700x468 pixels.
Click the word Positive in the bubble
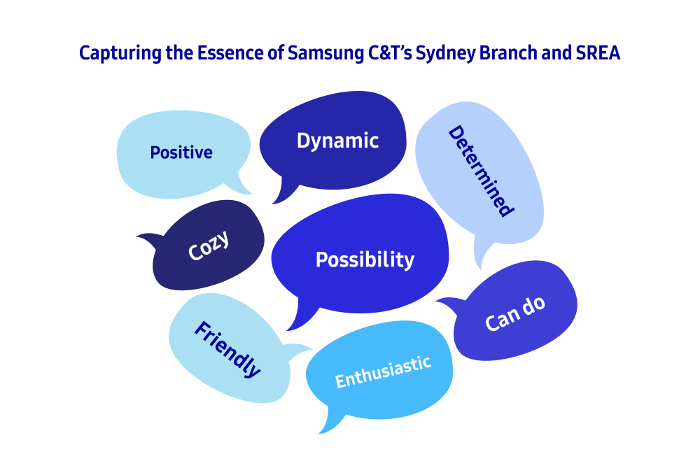[181, 153]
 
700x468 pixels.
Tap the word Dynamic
[337, 141]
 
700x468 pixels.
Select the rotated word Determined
[481, 171]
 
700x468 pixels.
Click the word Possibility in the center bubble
[365, 260]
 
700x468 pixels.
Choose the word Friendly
[227, 349]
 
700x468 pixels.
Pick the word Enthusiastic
[383, 371]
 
